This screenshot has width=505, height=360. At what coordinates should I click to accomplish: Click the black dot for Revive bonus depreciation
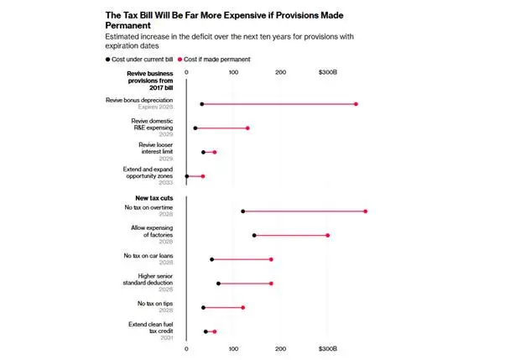202,104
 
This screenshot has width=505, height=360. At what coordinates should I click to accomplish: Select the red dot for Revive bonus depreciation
356,104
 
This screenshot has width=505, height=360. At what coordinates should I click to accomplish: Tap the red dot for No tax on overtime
365,211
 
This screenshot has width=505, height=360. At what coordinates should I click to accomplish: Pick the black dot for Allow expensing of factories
254,235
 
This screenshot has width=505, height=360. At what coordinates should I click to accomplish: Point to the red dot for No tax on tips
242,307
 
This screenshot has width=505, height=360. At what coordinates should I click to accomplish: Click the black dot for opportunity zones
187,176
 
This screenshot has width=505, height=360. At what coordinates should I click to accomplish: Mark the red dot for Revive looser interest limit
215,152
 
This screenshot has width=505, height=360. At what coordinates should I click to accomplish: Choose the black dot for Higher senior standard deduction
218,284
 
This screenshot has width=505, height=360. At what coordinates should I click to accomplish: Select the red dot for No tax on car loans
271,259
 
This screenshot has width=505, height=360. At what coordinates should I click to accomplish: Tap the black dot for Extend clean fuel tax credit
206,331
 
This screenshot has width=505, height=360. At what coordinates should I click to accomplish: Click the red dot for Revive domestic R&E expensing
247,128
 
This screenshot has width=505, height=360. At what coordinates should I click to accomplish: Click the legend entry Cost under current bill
139,60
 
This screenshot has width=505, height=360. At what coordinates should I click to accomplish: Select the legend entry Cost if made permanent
214,60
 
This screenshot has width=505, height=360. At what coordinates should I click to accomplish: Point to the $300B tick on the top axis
327,72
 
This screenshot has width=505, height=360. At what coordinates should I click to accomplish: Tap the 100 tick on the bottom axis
233,349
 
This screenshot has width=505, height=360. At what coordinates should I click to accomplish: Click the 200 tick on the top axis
280,72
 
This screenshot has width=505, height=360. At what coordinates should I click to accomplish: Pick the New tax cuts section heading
154,198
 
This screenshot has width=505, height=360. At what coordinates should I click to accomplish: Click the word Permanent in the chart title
128,25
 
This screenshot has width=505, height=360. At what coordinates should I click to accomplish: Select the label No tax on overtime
148,207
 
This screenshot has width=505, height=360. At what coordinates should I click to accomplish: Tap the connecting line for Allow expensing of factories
291,235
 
